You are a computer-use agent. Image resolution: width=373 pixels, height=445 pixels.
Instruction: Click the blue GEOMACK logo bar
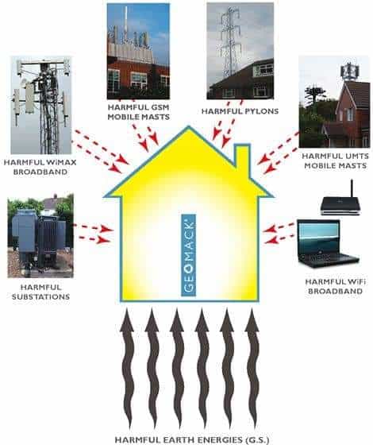tap(188, 255)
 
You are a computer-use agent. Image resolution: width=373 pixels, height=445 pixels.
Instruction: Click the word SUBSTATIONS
tap(40, 297)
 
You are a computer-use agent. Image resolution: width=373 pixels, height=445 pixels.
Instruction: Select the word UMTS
tap(356, 156)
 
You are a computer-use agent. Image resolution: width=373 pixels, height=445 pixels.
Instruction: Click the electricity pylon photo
tap(240, 51)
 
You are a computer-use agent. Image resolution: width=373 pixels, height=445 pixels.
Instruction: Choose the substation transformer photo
tap(40, 235)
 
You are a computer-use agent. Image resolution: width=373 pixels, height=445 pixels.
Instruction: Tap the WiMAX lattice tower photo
tap(41, 105)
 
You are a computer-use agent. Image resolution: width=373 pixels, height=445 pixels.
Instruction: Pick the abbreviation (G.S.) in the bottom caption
tap(258, 440)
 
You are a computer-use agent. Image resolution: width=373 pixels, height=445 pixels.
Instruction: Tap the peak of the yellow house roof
tap(189, 126)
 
